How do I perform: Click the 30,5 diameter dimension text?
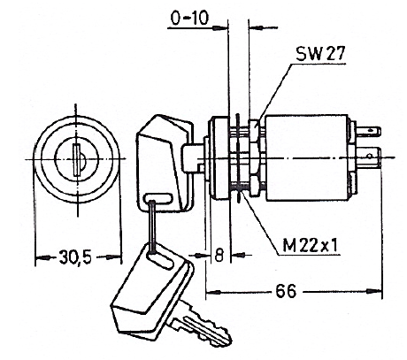click(x=75, y=257)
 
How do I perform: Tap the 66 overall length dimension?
click(x=286, y=291)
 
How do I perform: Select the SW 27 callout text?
click(x=320, y=54)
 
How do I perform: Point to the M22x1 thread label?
click(x=310, y=246)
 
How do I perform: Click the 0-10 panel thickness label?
click(x=189, y=19)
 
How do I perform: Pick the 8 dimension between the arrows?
click(x=219, y=256)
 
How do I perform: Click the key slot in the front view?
click(x=77, y=160)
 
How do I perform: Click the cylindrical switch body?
click(x=307, y=157)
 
